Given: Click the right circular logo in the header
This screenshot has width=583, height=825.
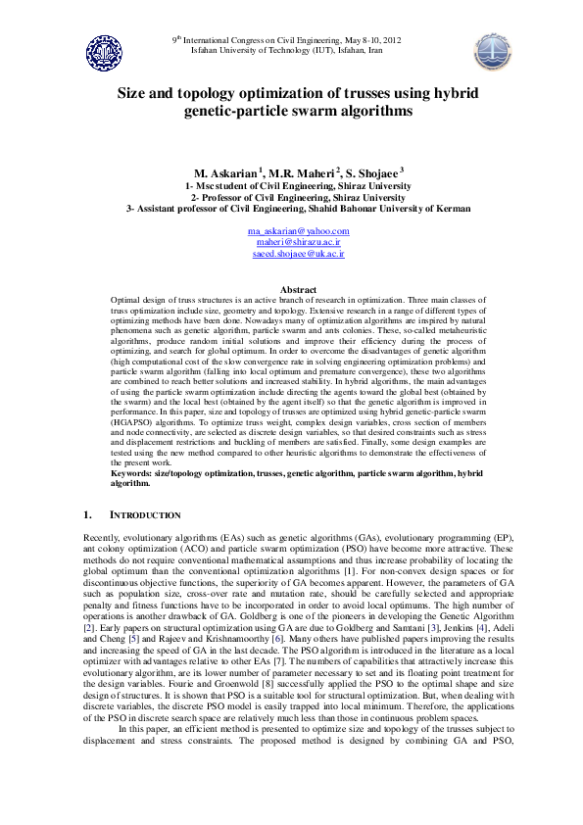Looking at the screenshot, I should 492,50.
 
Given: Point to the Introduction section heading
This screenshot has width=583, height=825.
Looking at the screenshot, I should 145,514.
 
